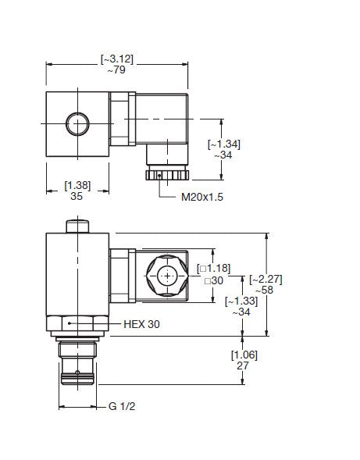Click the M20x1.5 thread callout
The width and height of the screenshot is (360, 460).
202,197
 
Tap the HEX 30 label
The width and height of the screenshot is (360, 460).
141,324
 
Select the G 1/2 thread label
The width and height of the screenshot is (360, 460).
122,406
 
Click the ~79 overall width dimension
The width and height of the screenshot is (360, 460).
116,70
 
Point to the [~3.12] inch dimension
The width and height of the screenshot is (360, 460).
117,59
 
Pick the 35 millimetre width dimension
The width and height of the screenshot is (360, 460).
77,196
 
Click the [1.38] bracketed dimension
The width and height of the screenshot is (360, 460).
77,185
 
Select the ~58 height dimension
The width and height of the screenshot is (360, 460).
265,290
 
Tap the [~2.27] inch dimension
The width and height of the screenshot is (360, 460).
266,280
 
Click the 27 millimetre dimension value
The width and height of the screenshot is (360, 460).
243,366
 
